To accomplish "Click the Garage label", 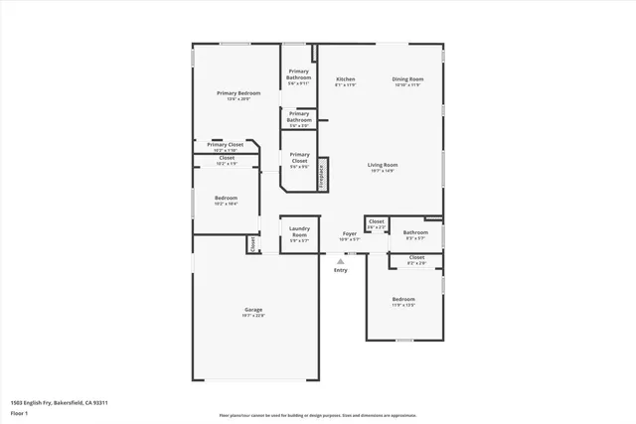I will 253,310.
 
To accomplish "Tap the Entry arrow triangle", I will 341,261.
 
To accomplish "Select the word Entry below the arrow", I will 341,270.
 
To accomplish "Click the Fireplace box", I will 322,173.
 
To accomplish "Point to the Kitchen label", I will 345,78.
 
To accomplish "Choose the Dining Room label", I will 407,78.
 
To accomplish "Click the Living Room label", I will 383,165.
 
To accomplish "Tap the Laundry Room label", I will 299,231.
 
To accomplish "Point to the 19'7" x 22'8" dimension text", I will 253,316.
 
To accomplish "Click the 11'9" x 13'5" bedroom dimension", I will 402,305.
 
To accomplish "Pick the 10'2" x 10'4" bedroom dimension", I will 226,204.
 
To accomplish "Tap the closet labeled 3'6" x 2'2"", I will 376,224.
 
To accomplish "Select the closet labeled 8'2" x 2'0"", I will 416,260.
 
